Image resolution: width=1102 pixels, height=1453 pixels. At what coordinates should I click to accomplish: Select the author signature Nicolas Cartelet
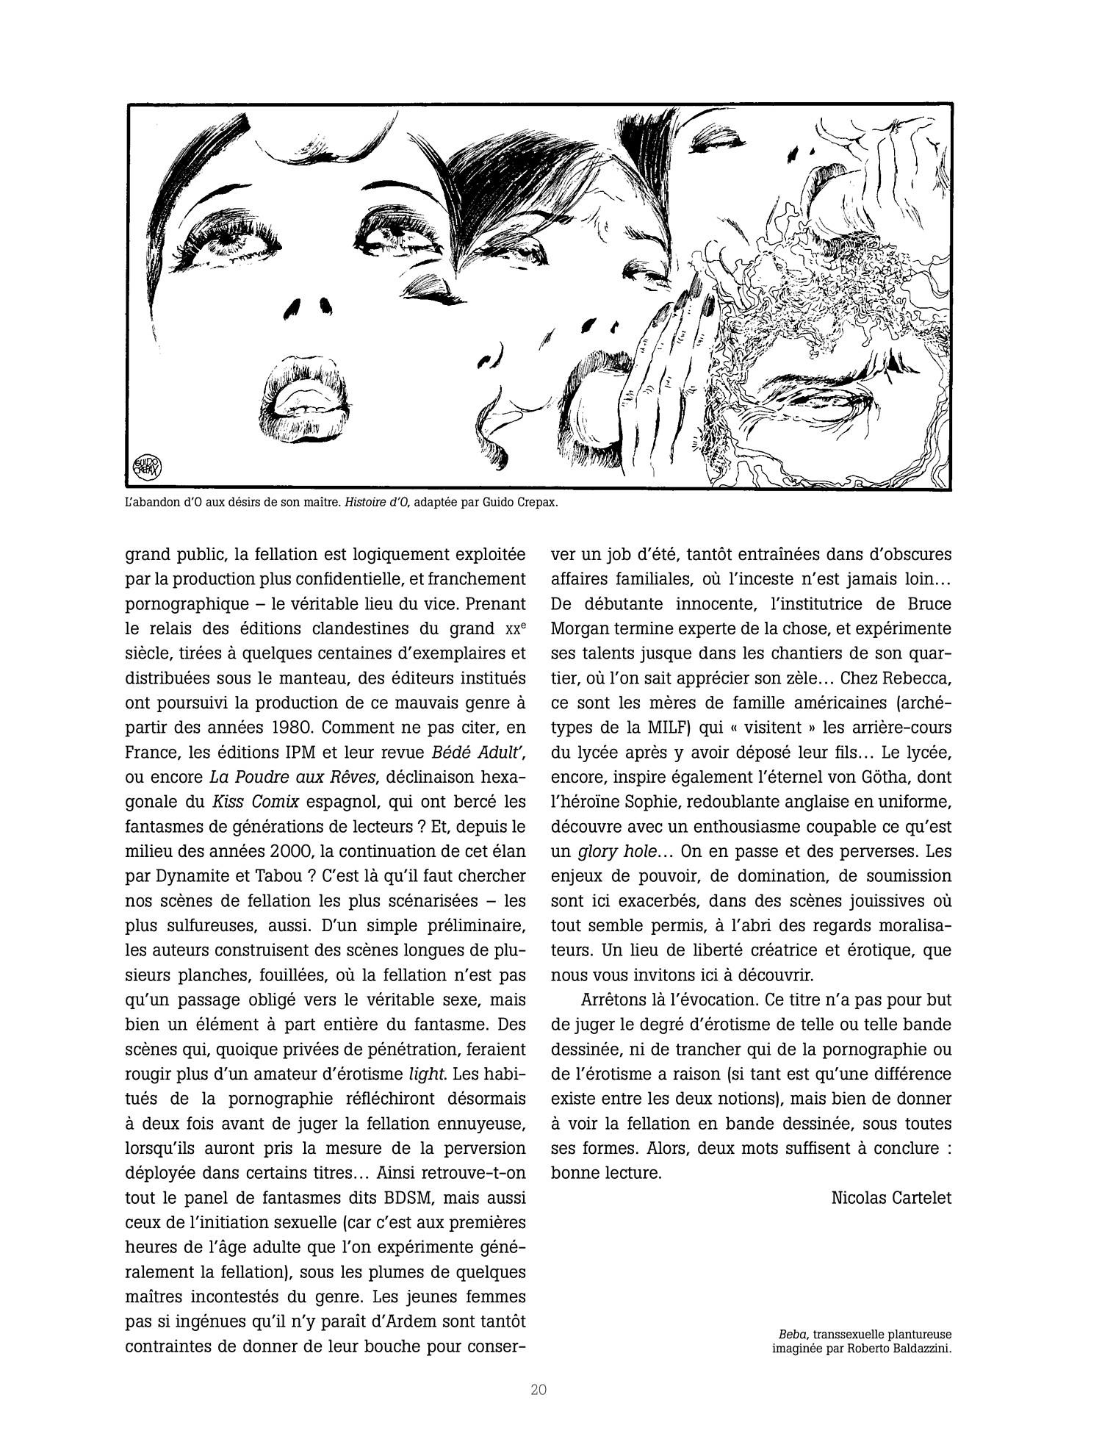[x=891, y=1197]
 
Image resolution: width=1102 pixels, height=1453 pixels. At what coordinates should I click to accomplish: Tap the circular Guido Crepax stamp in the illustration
[x=148, y=466]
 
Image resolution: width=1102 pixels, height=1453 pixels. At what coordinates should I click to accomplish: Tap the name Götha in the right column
[x=875, y=777]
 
